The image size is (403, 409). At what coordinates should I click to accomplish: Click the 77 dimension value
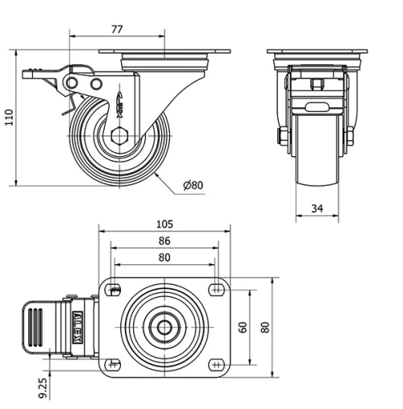[x=117, y=29]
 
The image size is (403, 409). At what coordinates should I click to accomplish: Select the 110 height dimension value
[x=9, y=118]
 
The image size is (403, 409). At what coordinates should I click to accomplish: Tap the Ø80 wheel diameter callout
[x=193, y=185]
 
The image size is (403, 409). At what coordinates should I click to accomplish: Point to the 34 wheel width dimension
[x=317, y=209]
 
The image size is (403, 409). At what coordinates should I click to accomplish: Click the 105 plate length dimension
[x=164, y=224]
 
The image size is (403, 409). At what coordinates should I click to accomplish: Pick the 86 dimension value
[x=164, y=241]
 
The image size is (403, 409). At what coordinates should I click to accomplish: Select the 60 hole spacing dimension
[x=243, y=328]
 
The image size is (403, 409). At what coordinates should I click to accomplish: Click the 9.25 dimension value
[x=43, y=387]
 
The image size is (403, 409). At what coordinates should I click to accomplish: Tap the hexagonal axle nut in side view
[x=119, y=136]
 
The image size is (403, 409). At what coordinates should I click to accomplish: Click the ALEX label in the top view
[x=77, y=328]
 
